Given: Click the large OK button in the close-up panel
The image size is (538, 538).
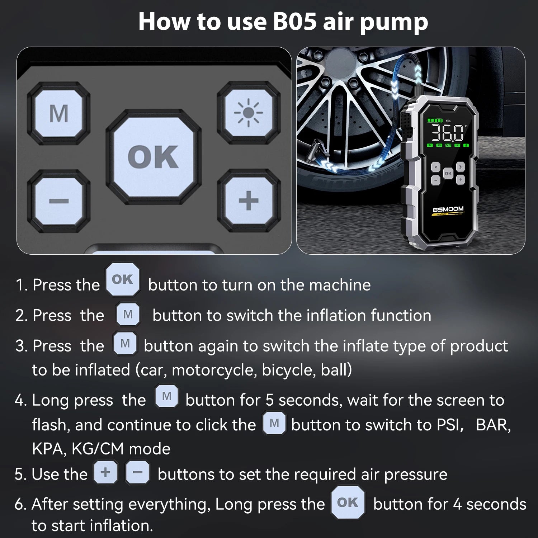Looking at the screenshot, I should click(153, 157).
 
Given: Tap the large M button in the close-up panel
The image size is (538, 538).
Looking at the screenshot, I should click(59, 113).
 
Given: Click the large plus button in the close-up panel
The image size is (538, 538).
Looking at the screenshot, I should click(248, 200).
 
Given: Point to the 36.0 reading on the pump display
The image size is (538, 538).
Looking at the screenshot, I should click(447, 133).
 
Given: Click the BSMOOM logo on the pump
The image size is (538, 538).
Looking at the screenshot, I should click(448, 209).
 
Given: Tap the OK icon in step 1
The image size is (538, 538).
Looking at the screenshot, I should click(123, 279).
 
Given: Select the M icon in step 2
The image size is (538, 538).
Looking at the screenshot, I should click(128, 315).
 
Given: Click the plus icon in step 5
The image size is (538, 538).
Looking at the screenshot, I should click(105, 472).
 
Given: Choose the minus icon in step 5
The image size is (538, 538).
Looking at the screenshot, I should click(137, 472).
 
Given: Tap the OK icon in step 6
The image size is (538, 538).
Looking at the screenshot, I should click(348, 502).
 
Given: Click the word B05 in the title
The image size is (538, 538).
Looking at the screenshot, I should click(295, 22).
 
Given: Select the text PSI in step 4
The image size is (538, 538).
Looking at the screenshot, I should click(448, 425).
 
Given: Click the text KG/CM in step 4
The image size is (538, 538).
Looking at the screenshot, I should click(98, 449).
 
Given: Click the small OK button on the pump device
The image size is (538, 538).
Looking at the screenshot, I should click(448, 173).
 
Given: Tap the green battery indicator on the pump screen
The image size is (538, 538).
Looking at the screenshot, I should click(434, 121).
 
